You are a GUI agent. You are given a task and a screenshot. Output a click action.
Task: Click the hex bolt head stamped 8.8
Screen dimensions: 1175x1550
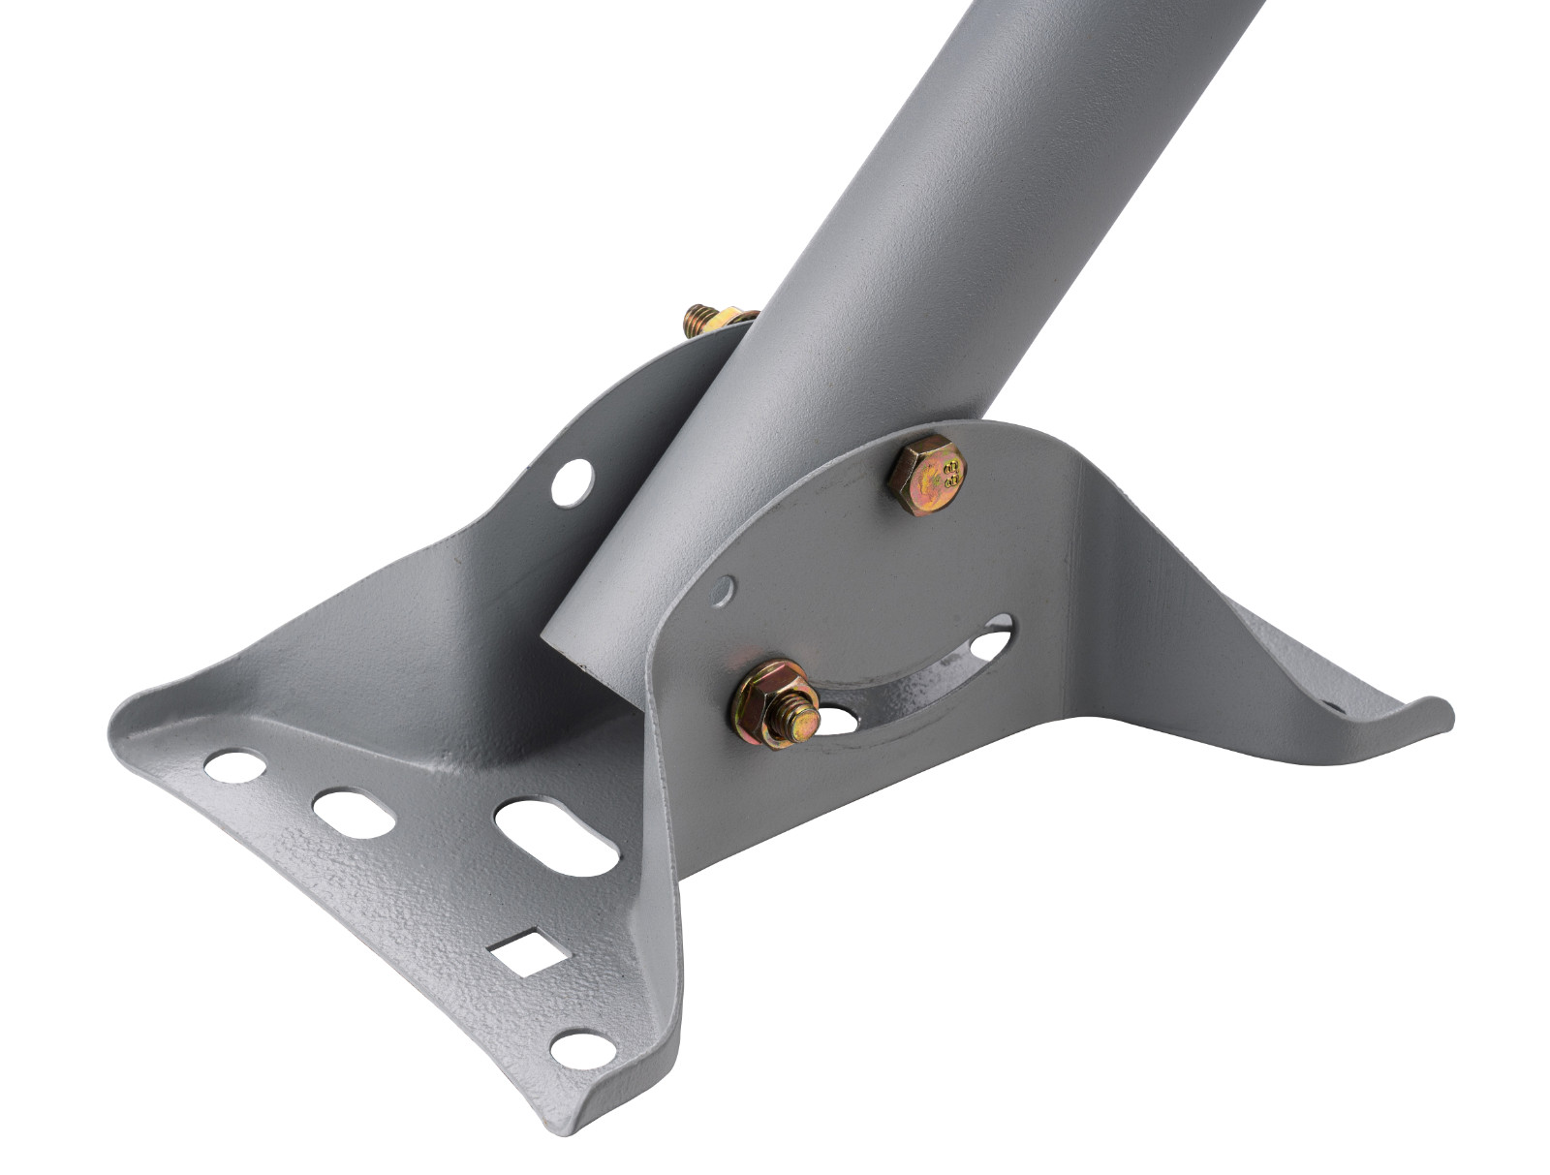pyautogui.click(x=927, y=476)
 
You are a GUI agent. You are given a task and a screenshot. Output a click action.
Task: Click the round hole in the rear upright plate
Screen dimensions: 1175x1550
pyautogui.click(x=573, y=481)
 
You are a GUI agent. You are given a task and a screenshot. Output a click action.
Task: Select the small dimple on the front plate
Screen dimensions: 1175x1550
pyautogui.click(x=723, y=589)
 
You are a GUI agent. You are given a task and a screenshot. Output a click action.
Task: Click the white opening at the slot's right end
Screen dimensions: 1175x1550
pyautogui.click(x=993, y=641)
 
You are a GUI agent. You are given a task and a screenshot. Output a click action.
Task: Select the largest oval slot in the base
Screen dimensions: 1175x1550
pyautogui.click(x=556, y=836)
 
